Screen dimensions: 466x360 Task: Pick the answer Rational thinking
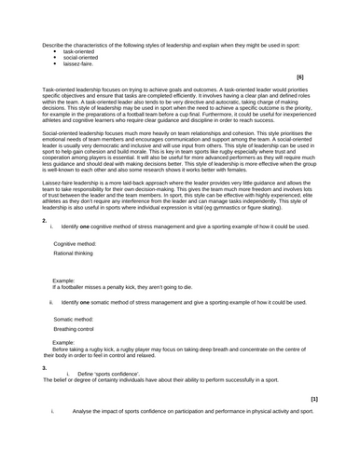[x=74, y=253]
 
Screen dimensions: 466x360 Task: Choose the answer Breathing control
[x=76, y=328]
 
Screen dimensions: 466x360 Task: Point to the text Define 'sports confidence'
[x=111, y=373]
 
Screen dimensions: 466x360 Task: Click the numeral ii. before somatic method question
[x=51, y=303]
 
